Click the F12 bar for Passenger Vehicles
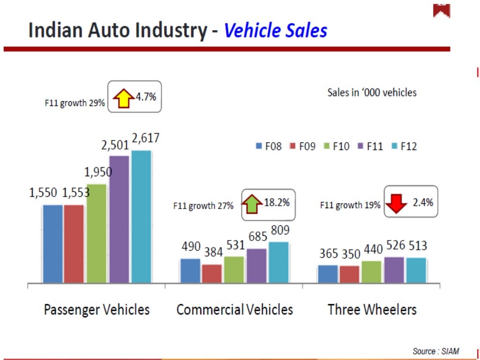(x=141, y=217)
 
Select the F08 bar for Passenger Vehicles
(x=52, y=244)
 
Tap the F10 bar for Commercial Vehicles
(x=234, y=270)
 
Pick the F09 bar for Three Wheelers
(x=349, y=274)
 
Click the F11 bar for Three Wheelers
(x=394, y=270)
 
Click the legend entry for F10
(x=337, y=146)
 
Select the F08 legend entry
(x=269, y=146)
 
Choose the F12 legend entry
(x=404, y=146)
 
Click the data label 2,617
(x=145, y=138)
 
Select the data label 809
(x=280, y=231)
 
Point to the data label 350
(x=351, y=255)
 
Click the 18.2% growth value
(x=277, y=203)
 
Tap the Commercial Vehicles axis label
(x=234, y=309)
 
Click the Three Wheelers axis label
(x=372, y=309)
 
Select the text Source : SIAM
(x=435, y=351)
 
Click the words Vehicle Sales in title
(x=275, y=31)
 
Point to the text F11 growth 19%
(x=350, y=205)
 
